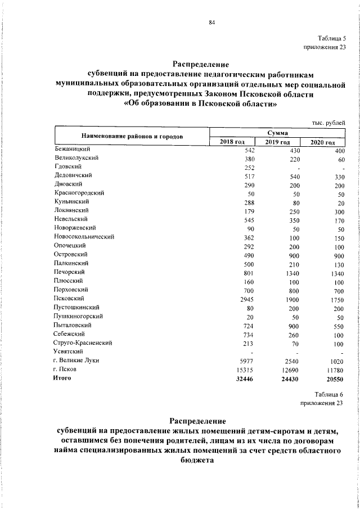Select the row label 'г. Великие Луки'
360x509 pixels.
click(x=76, y=360)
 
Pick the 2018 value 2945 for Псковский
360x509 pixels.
click(x=247, y=299)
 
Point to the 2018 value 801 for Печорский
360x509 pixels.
click(x=250, y=272)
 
